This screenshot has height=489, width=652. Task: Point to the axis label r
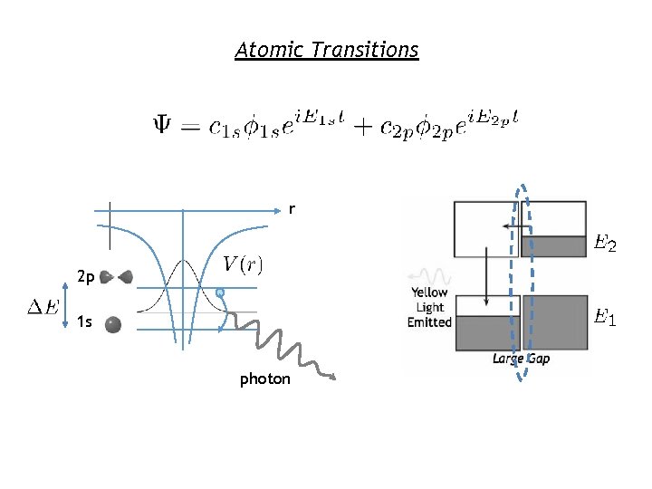tap(291, 210)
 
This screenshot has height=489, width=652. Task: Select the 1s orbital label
tap(85, 321)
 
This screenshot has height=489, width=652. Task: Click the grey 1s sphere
tap(112, 323)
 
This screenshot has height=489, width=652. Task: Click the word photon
tap(264, 379)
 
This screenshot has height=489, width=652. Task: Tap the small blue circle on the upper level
tap(219, 292)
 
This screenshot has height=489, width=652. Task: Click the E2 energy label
tap(604, 244)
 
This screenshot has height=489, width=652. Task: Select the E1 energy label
tap(604, 317)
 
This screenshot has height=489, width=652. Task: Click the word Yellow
tap(430, 292)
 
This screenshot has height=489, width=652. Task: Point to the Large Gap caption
tap(521, 360)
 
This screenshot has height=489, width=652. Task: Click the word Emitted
tap(429, 321)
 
